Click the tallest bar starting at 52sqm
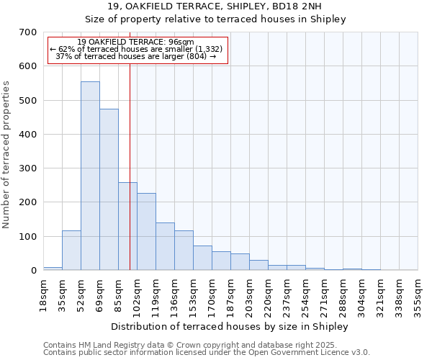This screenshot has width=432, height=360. click(x=90, y=176)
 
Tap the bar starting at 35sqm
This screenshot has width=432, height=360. click(x=71, y=250)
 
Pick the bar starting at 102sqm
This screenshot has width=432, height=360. click(x=146, y=231)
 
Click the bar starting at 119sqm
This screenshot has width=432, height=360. click(x=165, y=246)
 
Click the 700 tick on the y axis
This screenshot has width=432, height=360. click(x=28, y=32)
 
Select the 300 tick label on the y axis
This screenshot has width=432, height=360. click(x=28, y=168)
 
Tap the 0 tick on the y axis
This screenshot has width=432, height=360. click(x=33, y=271)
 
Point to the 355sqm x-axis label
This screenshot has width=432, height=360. click(x=418, y=296)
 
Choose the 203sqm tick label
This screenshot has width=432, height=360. click(x=249, y=296)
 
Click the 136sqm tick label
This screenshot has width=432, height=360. click(x=174, y=296)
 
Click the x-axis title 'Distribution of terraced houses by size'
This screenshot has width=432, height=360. click(x=230, y=326)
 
